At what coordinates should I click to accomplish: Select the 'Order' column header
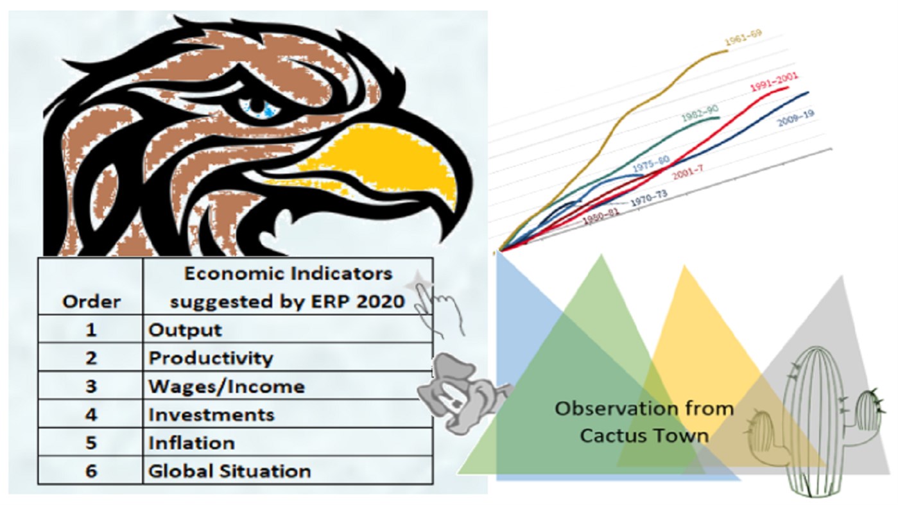[91, 302]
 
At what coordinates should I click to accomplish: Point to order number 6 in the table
[91, 471]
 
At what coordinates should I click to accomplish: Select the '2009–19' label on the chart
[796, 118]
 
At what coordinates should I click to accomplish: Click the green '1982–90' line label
[700, 113]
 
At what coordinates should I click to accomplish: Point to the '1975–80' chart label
[651, 164]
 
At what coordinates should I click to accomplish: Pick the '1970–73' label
[649, 198]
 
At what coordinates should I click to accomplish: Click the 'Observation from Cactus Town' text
[644, 422]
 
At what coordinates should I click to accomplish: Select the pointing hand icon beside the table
[435, 305]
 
